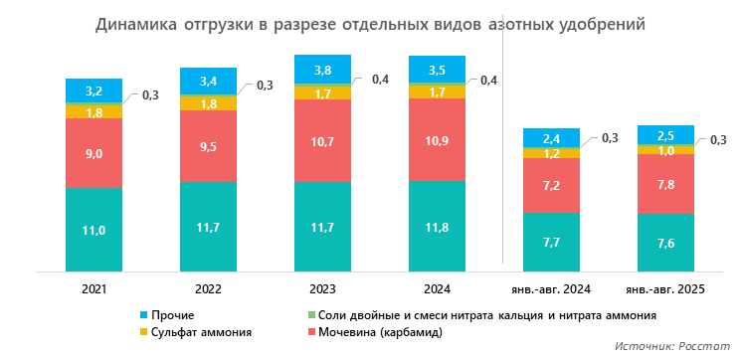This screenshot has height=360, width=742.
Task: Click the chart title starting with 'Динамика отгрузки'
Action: [x=370, y=25]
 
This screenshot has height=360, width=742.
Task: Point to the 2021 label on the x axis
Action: [x=93, y=288]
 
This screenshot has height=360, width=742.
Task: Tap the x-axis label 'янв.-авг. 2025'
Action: [x=664, y=288]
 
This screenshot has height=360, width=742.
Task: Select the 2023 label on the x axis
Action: [x=322, y=288]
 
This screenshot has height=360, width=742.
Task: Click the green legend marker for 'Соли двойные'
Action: [x=311, y=315]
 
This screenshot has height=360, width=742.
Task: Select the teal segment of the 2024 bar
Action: [x=437, y=226]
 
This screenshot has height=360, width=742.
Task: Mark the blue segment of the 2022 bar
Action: [x=208, y=81]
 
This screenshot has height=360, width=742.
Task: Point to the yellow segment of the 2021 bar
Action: [x=93, y=112]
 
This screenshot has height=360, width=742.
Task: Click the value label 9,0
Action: [x=93, y=153]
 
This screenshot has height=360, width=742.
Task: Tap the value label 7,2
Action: [x=551, y=186]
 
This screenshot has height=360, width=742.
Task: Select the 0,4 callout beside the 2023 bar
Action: [x=380, y=80]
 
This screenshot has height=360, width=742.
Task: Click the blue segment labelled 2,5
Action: [x=664, y=135]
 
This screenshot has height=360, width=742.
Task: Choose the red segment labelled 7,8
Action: [x=664, y=184]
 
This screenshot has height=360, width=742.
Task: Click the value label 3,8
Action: [x=322, y=71]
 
